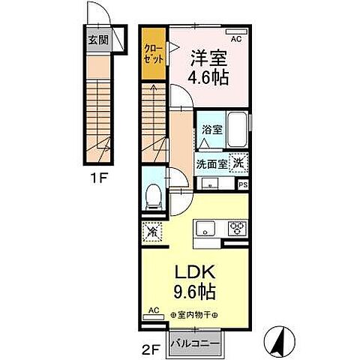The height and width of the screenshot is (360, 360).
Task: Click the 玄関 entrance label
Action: pos(97,40)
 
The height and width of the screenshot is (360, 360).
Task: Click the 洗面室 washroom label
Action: pos(211,164)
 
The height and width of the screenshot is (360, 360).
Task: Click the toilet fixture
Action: pos(153,196)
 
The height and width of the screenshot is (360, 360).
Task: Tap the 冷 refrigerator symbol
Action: pos(152,232)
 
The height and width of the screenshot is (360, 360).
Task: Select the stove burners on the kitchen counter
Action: pos(237,229)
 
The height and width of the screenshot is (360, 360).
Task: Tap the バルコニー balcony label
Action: pos(193,342)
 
